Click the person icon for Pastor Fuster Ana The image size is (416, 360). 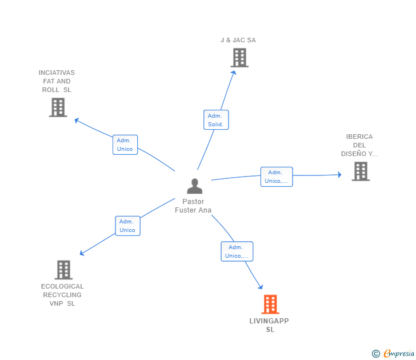coord(195,186)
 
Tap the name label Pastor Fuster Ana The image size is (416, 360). coord(193,206)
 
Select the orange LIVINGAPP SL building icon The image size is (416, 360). coord(270,305)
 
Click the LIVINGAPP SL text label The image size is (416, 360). coord(269,325)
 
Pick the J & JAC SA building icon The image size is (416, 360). coord(239,58)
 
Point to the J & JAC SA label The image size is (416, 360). coord(238,40)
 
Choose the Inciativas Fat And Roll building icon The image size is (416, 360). coord(58,107)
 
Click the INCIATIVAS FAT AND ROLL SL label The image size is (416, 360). coord(57,81)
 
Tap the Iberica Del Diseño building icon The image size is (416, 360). coord(360,171)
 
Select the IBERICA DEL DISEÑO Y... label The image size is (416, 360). coord(359,145)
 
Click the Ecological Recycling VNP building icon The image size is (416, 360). coord(63,270)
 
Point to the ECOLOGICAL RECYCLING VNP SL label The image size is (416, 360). coord(62,295)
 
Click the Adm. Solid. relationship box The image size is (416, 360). coord(216,120)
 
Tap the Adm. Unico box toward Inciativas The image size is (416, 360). coord(125,145)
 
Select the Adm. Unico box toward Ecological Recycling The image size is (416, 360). coord(127,226)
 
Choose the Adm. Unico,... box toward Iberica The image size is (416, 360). coord(277,177)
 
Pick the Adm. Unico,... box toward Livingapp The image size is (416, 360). coord(237,251)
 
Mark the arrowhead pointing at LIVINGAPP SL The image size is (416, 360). coord(261,287)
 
